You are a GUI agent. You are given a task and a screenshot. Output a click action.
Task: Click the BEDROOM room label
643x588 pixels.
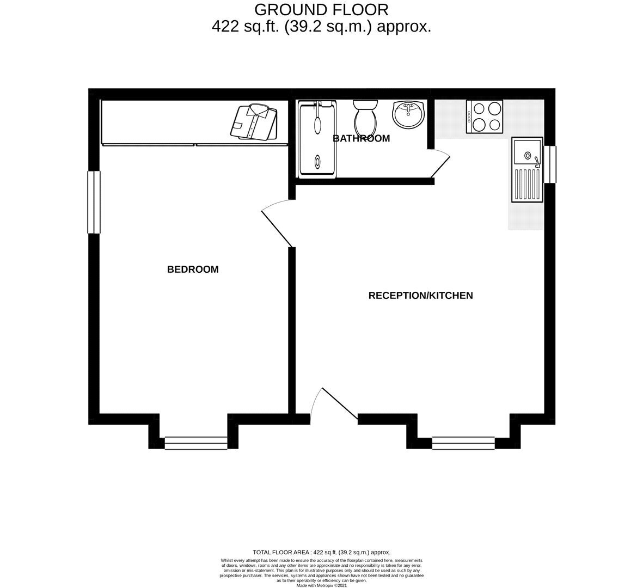193,269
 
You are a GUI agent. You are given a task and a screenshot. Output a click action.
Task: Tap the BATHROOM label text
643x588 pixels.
362,139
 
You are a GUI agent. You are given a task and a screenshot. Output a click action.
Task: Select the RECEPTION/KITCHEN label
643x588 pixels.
421,296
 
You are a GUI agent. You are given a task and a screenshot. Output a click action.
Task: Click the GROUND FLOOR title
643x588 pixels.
321,9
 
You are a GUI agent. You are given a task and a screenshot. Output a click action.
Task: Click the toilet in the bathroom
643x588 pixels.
365,115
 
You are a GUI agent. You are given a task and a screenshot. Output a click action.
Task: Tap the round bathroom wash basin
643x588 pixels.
408,114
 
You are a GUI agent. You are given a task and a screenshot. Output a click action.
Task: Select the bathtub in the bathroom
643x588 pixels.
317,139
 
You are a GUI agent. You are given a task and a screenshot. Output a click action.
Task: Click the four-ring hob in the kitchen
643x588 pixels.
485,117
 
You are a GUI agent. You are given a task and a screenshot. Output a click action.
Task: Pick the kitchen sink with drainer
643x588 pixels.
528,169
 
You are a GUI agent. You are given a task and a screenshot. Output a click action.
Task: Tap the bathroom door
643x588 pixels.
440,164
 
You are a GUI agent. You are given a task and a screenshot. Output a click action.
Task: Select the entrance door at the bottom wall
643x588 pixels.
335,404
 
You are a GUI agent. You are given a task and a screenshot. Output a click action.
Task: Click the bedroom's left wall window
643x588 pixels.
94,202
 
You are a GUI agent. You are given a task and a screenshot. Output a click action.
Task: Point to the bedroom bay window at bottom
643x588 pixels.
196,443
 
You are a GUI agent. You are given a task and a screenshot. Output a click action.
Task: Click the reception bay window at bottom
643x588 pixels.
464,443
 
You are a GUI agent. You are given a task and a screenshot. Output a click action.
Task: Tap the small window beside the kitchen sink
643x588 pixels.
550,164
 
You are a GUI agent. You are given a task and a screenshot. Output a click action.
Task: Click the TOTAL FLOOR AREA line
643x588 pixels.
321,552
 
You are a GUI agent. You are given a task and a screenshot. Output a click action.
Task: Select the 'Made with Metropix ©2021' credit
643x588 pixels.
321,585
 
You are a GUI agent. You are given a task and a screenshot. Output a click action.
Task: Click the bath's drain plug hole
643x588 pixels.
317,161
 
